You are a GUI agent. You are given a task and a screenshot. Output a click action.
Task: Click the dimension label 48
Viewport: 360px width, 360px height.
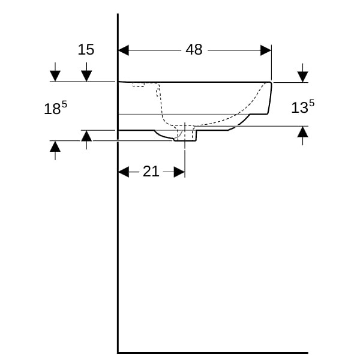point(194,50)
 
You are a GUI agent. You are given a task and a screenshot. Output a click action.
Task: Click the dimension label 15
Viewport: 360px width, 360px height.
point(86,50)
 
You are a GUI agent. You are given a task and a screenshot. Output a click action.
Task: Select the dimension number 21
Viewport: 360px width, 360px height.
point(151,172)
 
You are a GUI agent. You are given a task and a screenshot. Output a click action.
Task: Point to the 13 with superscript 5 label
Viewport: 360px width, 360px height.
point(302,107)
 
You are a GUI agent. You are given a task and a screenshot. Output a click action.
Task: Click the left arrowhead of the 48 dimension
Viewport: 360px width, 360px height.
point(123,50)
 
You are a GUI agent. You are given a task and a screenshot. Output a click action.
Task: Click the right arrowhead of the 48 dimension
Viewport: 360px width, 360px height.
point(266,50)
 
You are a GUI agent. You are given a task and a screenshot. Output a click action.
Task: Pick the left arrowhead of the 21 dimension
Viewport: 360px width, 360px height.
point(124,172)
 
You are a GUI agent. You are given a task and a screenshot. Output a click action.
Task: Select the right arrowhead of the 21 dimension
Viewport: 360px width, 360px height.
point(179,172)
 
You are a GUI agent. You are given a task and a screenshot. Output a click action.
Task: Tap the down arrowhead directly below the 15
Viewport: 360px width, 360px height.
point(86,76)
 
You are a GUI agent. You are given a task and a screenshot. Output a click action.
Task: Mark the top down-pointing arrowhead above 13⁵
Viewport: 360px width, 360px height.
point(302,77)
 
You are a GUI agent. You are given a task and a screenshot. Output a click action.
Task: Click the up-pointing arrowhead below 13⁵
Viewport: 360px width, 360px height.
point(302,132)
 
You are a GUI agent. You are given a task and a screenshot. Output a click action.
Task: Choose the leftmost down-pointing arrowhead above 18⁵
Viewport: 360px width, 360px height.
point(55,76)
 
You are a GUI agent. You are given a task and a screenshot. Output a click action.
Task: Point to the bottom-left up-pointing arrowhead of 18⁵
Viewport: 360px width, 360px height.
point(55,146)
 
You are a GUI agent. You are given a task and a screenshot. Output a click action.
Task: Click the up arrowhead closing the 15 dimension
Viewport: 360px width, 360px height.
point(86,136)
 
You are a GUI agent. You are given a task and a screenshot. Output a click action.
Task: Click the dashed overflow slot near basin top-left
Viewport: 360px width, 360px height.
point(139,85)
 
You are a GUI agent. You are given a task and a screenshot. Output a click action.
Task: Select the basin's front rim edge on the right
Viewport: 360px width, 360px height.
point(270,98)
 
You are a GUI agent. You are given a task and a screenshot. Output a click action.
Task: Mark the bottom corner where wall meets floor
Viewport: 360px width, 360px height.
point(118,353)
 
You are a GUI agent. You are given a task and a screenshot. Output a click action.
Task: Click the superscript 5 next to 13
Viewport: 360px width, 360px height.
point(311,103)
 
